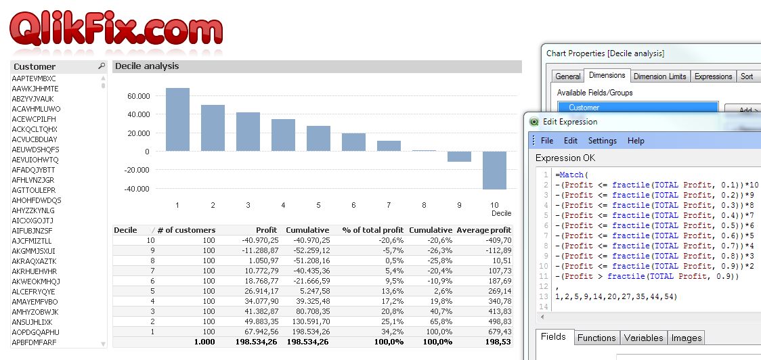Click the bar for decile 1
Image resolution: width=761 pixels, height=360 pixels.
tap(177, 120)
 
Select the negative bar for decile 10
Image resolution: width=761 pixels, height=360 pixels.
tap(494, 171)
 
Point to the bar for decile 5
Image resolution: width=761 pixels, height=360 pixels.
tap(318, 139)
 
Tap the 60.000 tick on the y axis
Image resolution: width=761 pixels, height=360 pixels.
tap(137, 96)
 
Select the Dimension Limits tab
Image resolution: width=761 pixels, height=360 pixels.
tap(660, 76)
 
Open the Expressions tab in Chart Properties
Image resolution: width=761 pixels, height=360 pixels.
tap(713, 76)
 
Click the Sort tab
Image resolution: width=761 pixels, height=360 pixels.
tap(747, 76)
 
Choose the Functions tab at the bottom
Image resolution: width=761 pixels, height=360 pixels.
tap(596, 338)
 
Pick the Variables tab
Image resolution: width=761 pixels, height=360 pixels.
tap(643, 338)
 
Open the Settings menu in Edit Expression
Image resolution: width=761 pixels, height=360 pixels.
tap(602, 141)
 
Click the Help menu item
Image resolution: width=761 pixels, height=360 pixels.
tap(636, 141)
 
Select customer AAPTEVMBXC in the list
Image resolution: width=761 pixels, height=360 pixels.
tap(34, 78)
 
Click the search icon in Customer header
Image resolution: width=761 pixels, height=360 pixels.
tap(102, 66)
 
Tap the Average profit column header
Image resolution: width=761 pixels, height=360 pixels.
tap(483, 230)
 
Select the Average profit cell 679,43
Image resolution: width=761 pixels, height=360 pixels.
tap(498, 332)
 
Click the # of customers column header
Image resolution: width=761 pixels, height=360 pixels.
tap(186, 230)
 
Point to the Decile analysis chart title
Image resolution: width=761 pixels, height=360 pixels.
tap(147, 66)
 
